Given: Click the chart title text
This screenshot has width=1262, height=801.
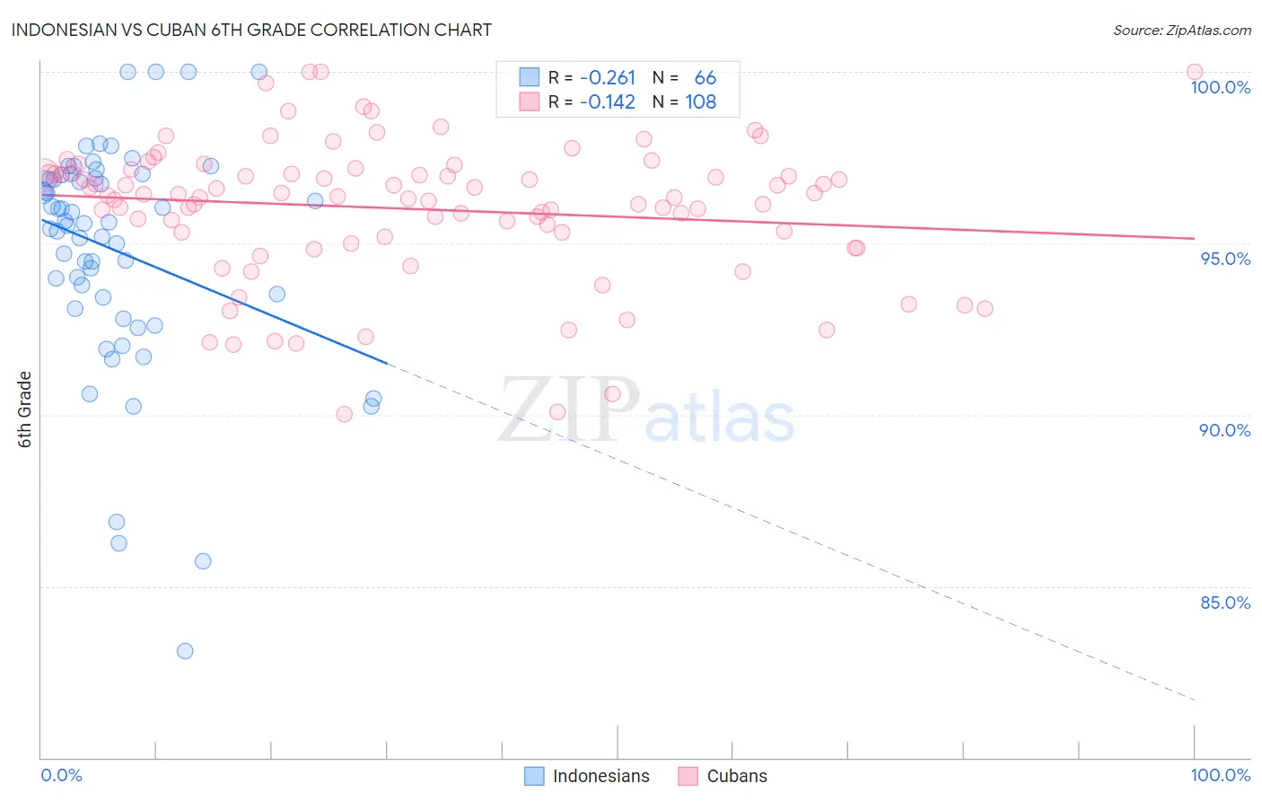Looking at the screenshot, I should (251, 30).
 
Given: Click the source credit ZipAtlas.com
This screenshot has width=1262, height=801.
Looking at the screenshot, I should (1181, 30).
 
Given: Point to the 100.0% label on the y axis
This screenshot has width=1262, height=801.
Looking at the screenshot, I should (1220, 87).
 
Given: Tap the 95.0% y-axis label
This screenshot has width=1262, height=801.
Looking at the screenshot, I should (1225, 259).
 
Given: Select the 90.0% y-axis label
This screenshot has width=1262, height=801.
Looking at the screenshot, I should (1225, 430).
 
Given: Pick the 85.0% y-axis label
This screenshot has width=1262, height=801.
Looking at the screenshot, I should (1225, 603).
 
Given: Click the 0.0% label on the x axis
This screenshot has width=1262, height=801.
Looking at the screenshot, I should (61, 775).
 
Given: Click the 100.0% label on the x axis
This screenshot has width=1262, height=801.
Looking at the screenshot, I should (1220, 775).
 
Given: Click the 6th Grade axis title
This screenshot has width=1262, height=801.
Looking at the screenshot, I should (25, 409).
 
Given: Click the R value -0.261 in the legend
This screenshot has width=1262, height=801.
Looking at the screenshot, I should (608, 78).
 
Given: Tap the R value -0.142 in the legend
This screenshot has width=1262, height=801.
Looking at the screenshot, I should (608, 102).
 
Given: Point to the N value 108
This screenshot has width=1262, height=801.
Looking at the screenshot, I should (701, 102).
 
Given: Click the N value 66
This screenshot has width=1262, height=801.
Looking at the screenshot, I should (705, 78).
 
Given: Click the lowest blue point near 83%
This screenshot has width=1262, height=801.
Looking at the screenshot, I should (185, 651).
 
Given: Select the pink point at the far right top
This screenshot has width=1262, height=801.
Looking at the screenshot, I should (1194, 72).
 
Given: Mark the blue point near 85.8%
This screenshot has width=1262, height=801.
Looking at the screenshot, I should (203, 561).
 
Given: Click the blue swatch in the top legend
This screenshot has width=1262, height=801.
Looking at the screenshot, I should (530, 78).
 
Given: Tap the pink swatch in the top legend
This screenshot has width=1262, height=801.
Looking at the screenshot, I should (530, 102).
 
